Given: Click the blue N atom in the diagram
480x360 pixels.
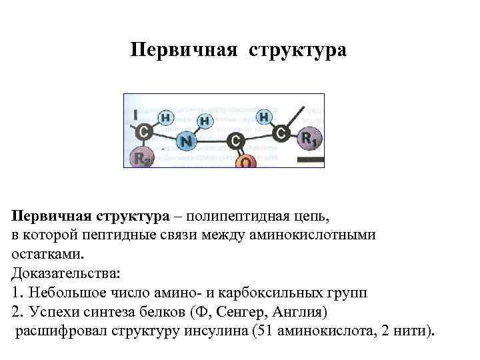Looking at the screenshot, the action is point(187,142).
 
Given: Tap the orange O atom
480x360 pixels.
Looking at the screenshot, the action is point(245,161).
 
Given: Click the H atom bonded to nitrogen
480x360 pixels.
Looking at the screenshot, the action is point(204,121).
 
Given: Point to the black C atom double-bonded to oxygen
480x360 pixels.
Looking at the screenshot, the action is point(235,141).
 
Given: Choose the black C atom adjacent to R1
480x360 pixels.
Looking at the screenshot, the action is point(282,134).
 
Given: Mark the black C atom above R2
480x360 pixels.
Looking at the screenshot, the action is point(143,132).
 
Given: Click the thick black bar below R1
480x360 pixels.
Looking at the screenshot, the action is point(310,160).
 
